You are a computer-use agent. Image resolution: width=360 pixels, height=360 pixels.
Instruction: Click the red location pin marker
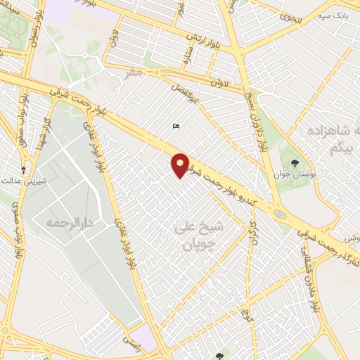180,165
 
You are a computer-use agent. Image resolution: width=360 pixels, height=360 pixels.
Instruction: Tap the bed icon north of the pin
176,127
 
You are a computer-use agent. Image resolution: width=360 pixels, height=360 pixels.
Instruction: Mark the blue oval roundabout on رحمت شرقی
280,213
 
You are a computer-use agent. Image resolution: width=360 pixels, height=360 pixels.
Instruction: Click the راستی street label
131,340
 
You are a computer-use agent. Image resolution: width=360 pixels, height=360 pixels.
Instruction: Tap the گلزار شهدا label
44,134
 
